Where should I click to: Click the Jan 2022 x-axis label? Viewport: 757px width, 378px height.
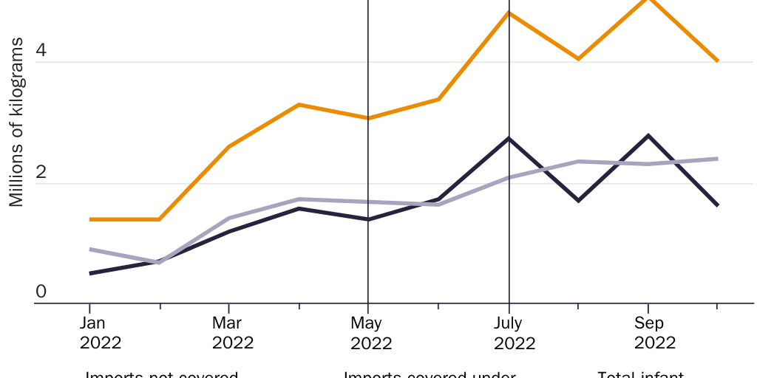click(x=101, y=333)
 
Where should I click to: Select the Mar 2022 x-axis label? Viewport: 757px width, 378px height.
click(x=233, y=333)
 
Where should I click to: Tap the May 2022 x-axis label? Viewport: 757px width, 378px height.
click(x=371, y=333)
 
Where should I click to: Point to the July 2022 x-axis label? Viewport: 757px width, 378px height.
click(x=509, y=333)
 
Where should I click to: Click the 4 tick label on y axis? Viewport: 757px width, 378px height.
click(x=41, y=51)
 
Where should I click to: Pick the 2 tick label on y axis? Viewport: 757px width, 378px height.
click(x=41, y=172)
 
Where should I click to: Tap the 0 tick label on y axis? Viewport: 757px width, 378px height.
click(x=41, y=292)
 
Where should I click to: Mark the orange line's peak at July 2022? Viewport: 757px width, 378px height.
click(x=509, y=13)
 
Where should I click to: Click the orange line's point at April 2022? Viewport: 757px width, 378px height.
click(x=299, y=105)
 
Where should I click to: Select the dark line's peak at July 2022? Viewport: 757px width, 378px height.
click(x=509, y=138)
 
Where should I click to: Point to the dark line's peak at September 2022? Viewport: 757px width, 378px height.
click(x=648, y=135)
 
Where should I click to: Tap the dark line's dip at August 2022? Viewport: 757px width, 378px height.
click(x=578, y=200)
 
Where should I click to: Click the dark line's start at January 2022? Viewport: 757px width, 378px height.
click(x=90, y=273)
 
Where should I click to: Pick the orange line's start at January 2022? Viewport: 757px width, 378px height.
click(x=90, y=219)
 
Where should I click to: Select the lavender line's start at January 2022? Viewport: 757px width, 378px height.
click(x=90, y=250)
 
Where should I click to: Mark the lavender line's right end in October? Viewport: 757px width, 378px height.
click(x=717, y=159)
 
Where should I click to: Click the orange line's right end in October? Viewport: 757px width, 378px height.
click(x=717, y=61)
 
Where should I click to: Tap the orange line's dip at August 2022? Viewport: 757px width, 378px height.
click(x=578, y=58)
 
